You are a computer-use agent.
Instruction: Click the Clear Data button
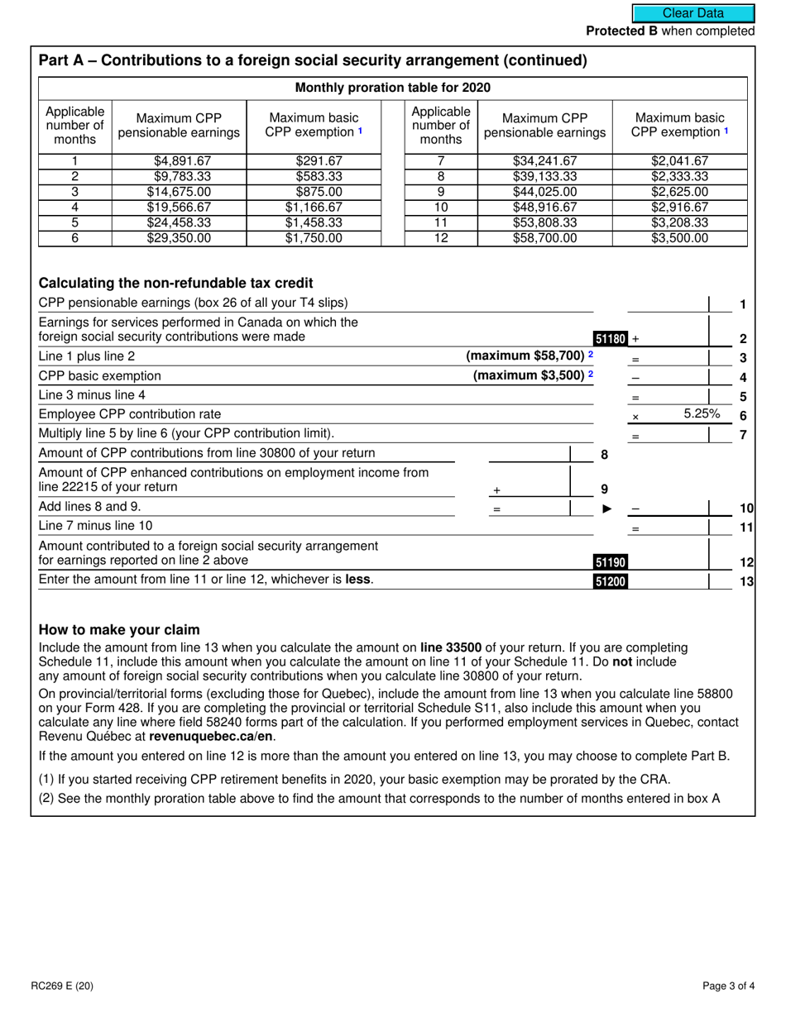pyautogui.click(x=693, y=13)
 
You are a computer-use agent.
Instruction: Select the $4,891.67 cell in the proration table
pyautogui.click(x=179, y=161)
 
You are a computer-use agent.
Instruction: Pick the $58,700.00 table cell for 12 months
pyautogui.click(x=544, y=238)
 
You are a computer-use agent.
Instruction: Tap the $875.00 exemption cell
pyautogui.click(x=314, y=192)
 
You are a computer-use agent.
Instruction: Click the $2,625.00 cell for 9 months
pyautogui.click(x=679, y=192)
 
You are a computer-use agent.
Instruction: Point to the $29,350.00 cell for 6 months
pyautogui.click(x=179, y=238)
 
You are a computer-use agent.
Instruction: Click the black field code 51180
pyautogui.click(x=611, y=338)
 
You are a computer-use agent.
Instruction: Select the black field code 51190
pyautogui.click(x=611, y=562)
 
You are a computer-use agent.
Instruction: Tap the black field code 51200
pyautogui.click(x=611, y=581)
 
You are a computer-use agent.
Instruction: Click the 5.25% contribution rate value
pyautogui.click(x=702, y=413)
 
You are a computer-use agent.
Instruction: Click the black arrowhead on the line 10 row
pyautogui.click(x=607, y=508)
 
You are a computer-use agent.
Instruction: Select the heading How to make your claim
pyautogui.click(x=119, y=629)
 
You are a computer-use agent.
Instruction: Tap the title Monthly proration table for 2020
pyautogui.click(x=393, y=88)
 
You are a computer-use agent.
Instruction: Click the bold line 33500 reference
pyautogui.click(x=455, y=647)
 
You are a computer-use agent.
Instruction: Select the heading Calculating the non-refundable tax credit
pyautogui.click(x=175, y=283)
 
